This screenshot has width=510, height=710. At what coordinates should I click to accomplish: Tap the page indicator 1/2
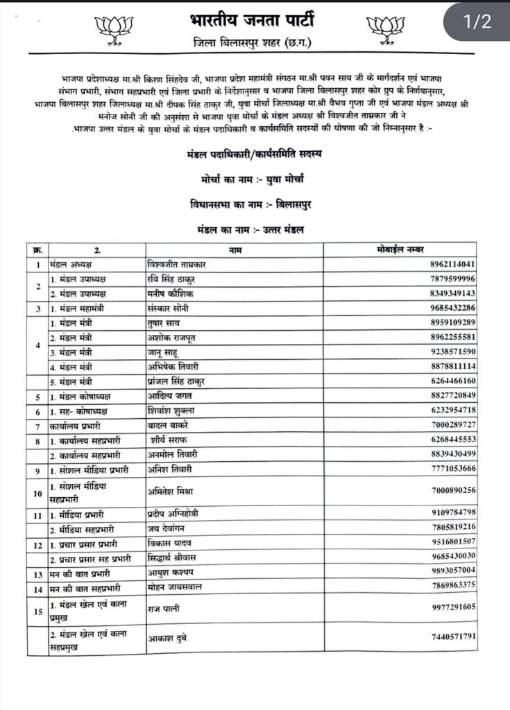[x=477, y=21]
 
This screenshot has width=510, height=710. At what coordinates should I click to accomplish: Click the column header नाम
[x=234, y=249]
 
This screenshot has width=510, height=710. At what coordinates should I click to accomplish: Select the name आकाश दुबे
[x=169, y=636]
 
